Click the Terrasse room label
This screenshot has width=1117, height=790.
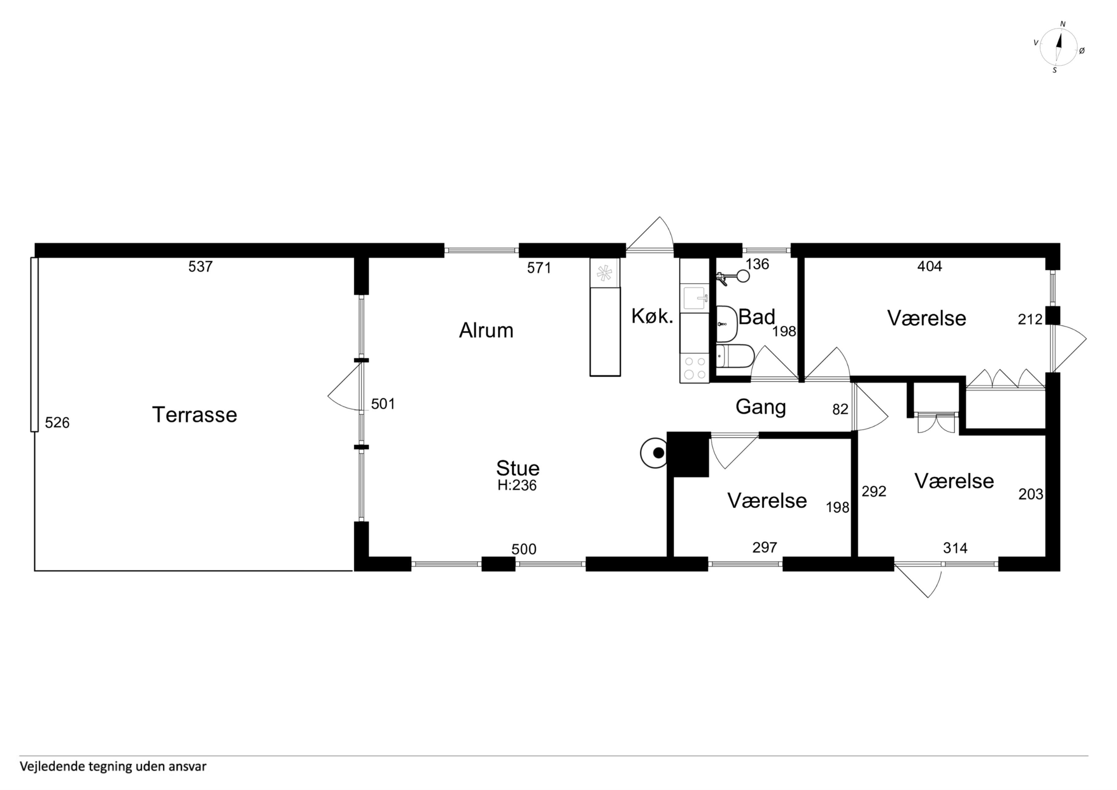pyautogui.click(x=195, y=415)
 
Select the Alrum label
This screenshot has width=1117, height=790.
pyautogui.click(x=486, y=331)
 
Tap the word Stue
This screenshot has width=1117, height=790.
pyautogui.click(x=518, y=468)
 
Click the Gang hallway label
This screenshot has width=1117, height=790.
pyautogui.click(x=760, y=407)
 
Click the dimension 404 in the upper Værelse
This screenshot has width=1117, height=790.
pyautogui.click(x=930, y=266)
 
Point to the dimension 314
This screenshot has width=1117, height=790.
pyautogui.click(x=955, y=548)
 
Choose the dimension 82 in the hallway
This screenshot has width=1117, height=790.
pyautogui.click(x=840, y=409)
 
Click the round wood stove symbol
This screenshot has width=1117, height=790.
pyautogui.click(x=654, y=453)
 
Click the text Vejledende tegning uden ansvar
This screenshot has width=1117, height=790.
pyautogui.click(x=113, y=766)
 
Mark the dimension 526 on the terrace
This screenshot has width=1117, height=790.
pyautogui.click(x=57, y=422)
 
